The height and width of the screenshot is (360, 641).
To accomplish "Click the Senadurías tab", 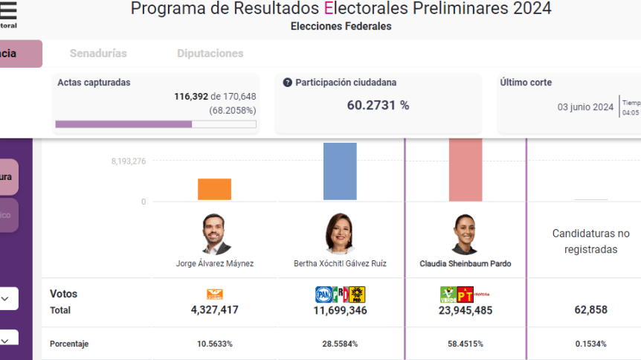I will coord(98,54).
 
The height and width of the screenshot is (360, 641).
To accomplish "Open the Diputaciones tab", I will coord(210,54).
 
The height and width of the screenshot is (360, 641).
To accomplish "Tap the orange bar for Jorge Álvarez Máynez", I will coord(214,189).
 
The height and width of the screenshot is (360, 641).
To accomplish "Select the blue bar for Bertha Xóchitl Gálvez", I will coord(340,171).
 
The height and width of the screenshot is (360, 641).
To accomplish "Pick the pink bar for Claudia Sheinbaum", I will coord(466,170).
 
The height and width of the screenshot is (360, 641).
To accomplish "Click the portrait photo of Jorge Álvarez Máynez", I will coord(217,234).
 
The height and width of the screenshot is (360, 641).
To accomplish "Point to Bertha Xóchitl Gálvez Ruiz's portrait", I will coord(340,234).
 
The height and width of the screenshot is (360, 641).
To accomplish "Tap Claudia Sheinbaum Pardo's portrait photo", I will coord(466,234).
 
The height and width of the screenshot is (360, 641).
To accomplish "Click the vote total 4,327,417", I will coord(214,310).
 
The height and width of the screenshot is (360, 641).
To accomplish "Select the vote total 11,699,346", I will coord(340,310).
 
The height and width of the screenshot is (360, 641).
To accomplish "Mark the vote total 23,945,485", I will coord(466,310).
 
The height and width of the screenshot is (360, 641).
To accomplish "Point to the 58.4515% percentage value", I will coord(466,344).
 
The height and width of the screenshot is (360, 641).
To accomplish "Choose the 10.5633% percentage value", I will coord(214,344).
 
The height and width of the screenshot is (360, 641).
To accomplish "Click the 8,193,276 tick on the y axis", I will coord(129,161).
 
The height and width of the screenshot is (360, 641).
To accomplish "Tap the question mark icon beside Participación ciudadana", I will coord(288,83).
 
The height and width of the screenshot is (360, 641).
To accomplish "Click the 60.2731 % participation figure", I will coord(378,105).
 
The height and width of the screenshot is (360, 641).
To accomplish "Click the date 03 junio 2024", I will coord(586,107).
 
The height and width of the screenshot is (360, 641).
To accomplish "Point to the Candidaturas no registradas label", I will coord(590,242).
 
